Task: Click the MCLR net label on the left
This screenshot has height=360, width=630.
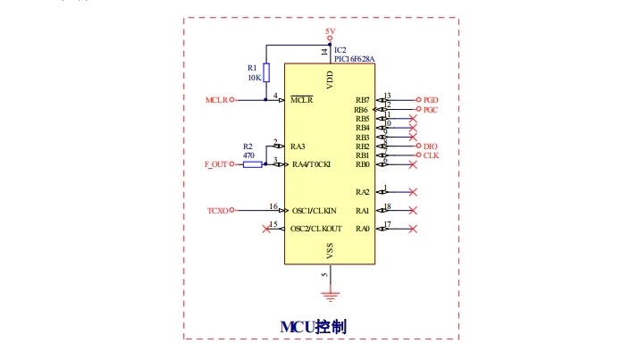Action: tap(216, 100)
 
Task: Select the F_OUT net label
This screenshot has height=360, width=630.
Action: tap(216, 164)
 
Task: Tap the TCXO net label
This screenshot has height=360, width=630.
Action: tap(217, 211)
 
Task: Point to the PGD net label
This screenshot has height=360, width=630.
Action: tap(431, 100)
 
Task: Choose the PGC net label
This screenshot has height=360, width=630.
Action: tap(431, 110)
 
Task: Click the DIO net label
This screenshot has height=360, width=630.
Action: tap(430, 146)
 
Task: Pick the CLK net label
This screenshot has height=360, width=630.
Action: tap(431, 155)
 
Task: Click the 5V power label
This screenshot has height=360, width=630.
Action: tap(330, 31)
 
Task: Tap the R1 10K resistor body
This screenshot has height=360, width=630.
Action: tap(265, 72)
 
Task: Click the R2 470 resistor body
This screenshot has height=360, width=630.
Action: tap(252, 164)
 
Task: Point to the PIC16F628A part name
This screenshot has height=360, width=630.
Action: tap(355, 59)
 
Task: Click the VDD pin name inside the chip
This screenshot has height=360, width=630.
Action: tap(331, 80)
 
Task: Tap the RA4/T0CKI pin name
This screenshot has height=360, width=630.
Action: tap(312, 164)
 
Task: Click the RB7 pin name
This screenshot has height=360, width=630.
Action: tap(362, 100)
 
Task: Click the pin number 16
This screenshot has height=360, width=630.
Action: tap(273, 206)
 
